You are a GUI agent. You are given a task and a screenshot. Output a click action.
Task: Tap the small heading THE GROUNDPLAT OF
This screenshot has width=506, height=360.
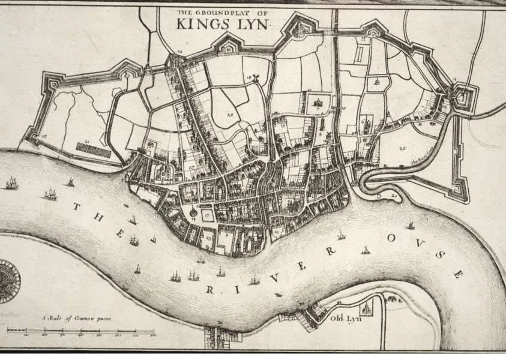tap(224, 11)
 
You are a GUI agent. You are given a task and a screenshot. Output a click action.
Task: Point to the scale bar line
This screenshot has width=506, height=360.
tap(81, 331)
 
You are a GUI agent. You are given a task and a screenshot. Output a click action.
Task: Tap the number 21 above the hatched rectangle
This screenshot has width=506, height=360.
tap(87, 142)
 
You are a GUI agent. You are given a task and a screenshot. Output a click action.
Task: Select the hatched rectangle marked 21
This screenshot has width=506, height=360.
tap(94, 151)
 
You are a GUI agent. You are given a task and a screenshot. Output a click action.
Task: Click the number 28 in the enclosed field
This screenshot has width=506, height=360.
tap(229, 114)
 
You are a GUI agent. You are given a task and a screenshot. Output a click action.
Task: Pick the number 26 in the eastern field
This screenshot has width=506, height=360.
tap(401, 146)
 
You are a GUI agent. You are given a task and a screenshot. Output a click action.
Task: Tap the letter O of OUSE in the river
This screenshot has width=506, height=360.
tap(392, 238)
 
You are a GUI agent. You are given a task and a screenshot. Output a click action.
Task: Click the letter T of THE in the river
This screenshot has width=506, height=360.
tap(76, 207)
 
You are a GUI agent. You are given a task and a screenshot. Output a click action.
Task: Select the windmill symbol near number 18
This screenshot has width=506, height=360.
tap(255, 78)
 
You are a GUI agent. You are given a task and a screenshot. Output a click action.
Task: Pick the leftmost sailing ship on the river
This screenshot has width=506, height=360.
tap(11, 183)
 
